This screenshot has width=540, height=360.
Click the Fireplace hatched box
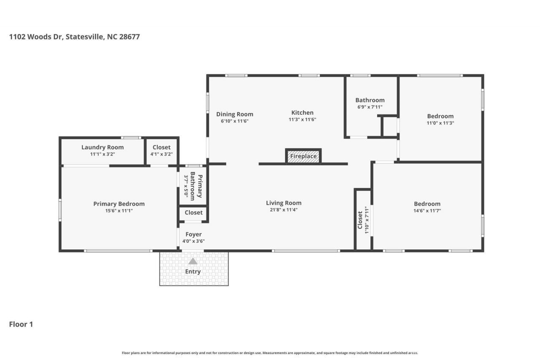(303, 156)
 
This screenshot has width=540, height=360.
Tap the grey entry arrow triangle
(193, 261)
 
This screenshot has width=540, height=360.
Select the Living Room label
(284, 203)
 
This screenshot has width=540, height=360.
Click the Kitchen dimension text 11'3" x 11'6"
(302, 119)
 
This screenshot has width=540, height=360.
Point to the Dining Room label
(235, 114)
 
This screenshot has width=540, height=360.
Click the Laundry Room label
(103, 147)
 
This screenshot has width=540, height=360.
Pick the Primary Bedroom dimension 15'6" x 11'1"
(119, 211)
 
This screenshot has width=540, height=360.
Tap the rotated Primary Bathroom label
(196, 186)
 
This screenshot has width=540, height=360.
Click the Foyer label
(194, 234)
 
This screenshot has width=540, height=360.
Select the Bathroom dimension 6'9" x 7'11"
(370, 107)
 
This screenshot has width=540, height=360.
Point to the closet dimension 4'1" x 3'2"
(162, 154)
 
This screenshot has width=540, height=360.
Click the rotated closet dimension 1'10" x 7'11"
(367, 220)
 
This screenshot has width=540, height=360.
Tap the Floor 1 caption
(21, 324)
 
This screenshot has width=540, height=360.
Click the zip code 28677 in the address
(130, 37)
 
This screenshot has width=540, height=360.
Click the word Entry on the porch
(193, 271)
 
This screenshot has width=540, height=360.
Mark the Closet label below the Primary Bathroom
(194, 212)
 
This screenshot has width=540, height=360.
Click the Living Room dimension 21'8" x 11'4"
(283, 209)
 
